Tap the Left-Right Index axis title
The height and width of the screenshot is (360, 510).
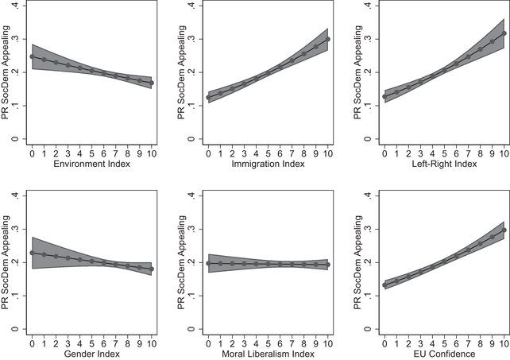click(x=444, y=164)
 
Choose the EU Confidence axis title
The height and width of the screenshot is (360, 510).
click(x=444, y=353)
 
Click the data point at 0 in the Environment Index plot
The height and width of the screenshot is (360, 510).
click(x=32, y=56)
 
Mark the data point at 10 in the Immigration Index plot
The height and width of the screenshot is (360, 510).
click(x=327, y=39)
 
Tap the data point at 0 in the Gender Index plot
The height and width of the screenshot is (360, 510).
click(x=32, y=253)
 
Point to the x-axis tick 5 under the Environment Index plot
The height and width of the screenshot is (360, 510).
click(x=91, y=151)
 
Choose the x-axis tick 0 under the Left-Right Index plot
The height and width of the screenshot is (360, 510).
click(x=386, y=151)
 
